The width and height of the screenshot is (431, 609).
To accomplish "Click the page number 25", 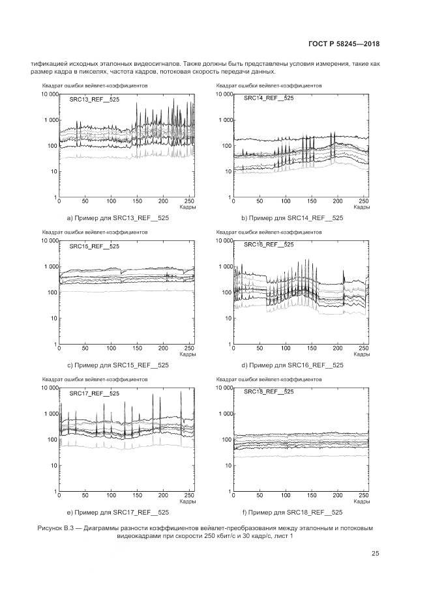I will [376, 554].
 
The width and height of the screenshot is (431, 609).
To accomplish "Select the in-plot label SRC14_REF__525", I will [268, 98].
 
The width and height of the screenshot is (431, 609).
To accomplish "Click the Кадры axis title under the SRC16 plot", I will [361, 355].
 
